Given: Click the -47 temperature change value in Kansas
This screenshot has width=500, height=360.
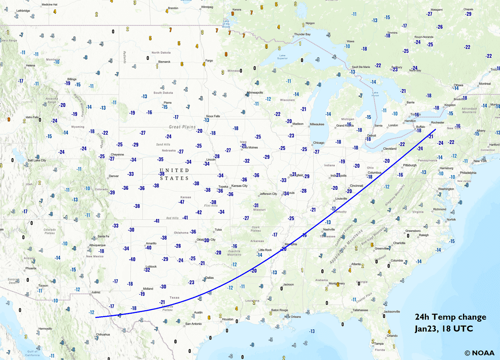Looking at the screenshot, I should pyautogui.click(x=181, y=202).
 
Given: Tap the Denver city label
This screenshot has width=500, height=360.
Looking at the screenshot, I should pyautogui.click(x=114, y=176).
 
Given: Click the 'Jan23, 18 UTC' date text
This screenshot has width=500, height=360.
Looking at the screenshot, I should pyautogui.click(x=444, y=329).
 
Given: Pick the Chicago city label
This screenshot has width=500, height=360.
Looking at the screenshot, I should pyautogui.click(x=318, y=143).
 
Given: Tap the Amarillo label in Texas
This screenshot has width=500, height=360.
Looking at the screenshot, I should pyautogui.click(x=151, y=243).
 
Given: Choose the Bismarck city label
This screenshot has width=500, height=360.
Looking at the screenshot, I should pyautogui.click(x=164, y=62).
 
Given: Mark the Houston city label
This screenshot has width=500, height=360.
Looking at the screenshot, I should pyautogui.click(x=228, y=319).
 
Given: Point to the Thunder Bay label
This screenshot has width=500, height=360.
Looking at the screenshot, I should pyautogui.click(x=303, y=34).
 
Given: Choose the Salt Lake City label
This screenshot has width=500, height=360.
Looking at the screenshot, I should pyautogui.click(x=37, y=160).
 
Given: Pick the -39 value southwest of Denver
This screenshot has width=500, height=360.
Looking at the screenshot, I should pyautogui.click(x=112, y=192).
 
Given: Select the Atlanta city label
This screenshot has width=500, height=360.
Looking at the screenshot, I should pyautogui.click(x=356, y=264).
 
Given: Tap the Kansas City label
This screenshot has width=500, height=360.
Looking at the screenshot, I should pyautogui.click(x=239, y=186).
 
